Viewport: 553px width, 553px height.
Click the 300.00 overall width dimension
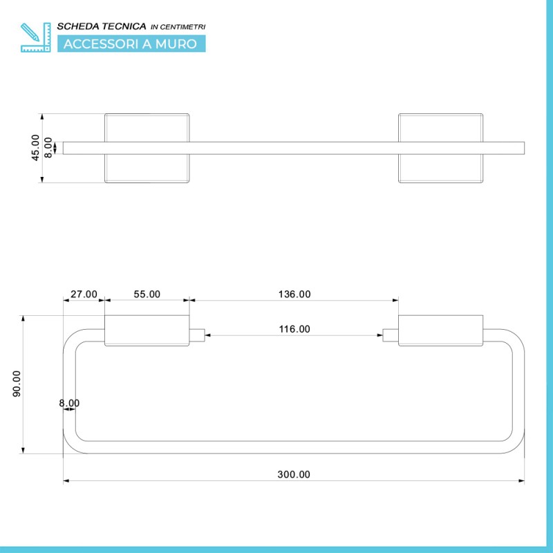tap(294, 474)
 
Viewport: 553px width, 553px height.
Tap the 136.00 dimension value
tap(294, 294)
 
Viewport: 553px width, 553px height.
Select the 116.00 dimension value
tap(294, 329)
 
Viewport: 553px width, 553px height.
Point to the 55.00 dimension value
tap(147, 294)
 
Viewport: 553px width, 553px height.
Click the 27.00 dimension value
tap(84, 294)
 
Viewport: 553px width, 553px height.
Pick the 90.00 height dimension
tap(17, 384)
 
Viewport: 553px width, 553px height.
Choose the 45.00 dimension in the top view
tap(35, 148)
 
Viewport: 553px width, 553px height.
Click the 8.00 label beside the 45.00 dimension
tap(48, 148)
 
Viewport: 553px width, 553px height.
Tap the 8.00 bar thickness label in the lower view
tap(69, 403)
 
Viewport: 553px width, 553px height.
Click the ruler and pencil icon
tap(36, 37)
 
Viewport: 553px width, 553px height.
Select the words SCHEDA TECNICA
tap(102, 26)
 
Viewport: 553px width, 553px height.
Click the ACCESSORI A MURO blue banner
tap(131, 44)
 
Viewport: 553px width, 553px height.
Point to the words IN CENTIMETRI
tap(178, 27)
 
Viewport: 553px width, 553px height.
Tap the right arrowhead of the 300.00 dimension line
tap(521, 480)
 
